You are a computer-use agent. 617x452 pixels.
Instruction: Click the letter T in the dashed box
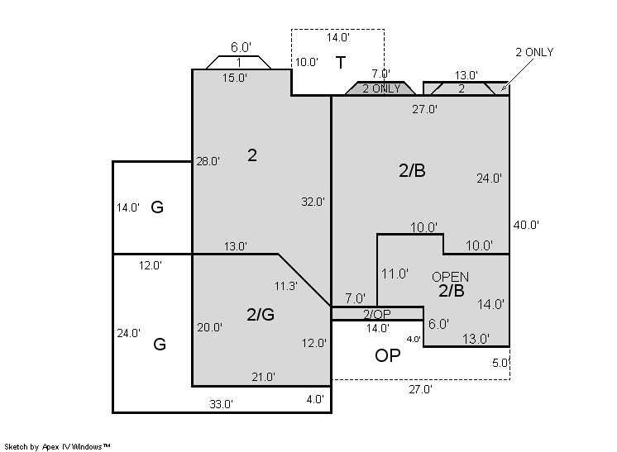tap(341, 63)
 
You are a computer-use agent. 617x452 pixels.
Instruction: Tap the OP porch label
tap(388, 355)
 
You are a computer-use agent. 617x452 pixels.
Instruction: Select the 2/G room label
tap(261, 315)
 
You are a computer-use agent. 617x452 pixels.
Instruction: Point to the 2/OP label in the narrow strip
tap(376, 314)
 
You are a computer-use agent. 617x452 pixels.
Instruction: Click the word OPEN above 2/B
tap(450, 277)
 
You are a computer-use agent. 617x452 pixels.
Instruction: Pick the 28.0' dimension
tap(208, 161)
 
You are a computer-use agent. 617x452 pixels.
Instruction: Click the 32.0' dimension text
tap(313, 202)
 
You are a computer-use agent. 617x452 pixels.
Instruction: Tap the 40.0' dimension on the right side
tap(526, 225)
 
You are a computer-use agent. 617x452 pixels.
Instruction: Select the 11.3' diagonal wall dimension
tap(285, 286)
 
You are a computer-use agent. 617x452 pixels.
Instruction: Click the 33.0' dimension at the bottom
tap(221, 404)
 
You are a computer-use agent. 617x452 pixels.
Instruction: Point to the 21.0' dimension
tap(263, 377)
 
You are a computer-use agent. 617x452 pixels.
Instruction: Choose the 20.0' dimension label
tap(210, 327)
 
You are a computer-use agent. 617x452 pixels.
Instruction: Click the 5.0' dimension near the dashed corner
tap(501, 363)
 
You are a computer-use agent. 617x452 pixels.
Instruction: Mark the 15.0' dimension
tap(235, 78)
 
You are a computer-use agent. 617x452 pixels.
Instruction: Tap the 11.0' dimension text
tap(395, 274)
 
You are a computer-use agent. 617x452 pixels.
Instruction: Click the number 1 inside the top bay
tap(239, 63)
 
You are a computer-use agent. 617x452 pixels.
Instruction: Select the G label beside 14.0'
tap(157, 207)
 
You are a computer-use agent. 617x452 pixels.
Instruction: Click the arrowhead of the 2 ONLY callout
tap(502, 89)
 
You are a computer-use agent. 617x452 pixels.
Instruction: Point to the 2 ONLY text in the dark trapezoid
tap(381, 88)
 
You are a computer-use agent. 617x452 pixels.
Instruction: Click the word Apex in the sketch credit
tap(50, 447)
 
